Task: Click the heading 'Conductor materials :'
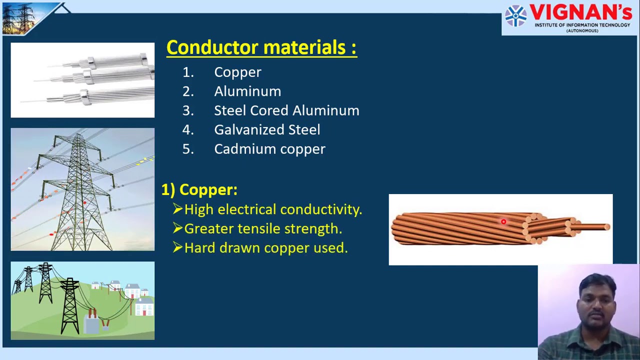pos(261,48)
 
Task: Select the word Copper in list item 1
pos(237,72)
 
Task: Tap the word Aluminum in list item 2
pos(247,91)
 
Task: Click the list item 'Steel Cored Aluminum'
pos(286,110)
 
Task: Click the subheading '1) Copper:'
pos(199,190)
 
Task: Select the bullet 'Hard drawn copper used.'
pos(265,248)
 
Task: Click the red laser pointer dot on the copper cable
pos(503,221)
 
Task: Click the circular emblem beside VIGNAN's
pos(515,15)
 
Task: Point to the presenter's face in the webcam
pos(597,298)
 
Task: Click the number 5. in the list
pos(188,149)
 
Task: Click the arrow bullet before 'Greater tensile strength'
pos(177,228)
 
